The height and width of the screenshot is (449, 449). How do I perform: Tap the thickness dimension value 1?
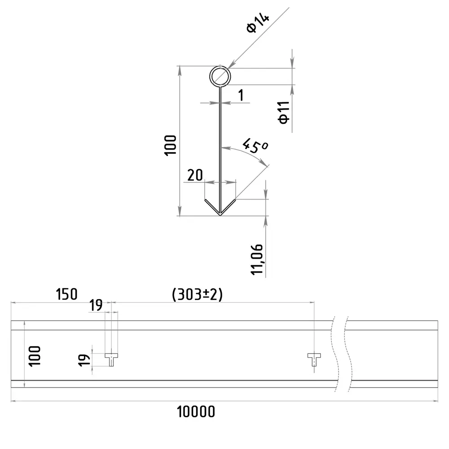pos(241,95)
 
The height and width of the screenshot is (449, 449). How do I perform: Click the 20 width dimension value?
pos(195,175)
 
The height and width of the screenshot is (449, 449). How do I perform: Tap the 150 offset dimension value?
pos(66,295)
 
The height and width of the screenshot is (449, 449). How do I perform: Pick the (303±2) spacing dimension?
pos(197,295)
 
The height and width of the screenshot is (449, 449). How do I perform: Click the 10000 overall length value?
pos(196,411)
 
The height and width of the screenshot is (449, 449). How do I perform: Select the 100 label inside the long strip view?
pos(35,355)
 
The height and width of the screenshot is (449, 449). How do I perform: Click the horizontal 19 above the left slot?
pos(96,306)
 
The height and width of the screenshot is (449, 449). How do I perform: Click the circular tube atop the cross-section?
pos(220,76)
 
